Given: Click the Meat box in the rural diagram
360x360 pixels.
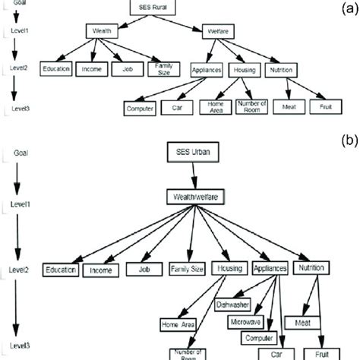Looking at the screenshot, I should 288,108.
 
